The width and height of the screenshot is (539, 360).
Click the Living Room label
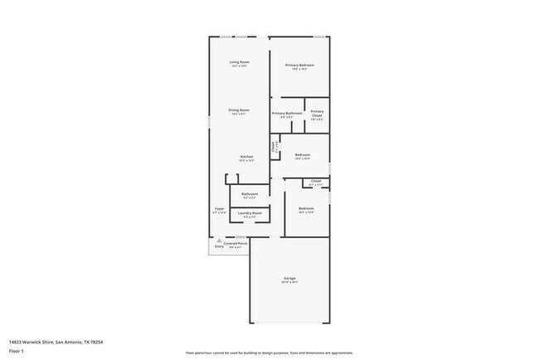(240, 62)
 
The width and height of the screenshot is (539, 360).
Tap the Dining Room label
(240, 109)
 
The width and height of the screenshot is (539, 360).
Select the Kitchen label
(246, 157)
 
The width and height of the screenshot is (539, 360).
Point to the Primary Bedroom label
(299, 65)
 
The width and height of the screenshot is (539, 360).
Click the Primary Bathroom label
(285, 113)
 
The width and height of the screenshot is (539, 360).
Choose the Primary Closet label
(317, 114)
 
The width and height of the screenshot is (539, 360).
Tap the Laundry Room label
(250, 213)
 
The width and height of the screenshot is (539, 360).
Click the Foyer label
(220, 209)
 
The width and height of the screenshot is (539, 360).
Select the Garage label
(289, 280)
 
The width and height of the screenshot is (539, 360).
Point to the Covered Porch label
(236, 244)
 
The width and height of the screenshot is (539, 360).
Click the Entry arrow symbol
(220, 241)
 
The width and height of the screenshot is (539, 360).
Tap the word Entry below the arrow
(220, 247)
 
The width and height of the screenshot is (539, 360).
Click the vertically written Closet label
(274, 148)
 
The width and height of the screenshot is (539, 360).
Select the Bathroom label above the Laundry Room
(250, 194)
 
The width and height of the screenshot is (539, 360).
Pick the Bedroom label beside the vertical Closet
(302, 154)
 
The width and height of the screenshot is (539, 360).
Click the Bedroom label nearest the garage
(306, 208)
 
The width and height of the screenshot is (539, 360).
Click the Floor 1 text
(17, 350)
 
